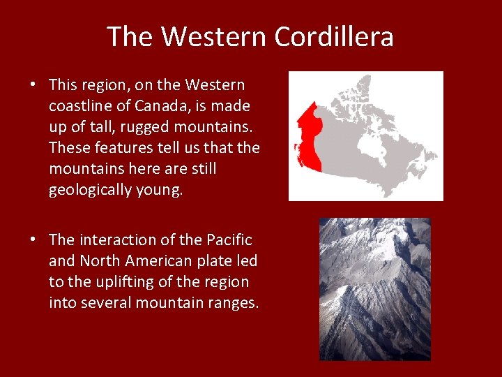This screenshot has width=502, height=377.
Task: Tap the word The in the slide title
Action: tap(130, 37)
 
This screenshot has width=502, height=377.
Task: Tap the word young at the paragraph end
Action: tap(158, 191)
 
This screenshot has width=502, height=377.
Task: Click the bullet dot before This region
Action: tap(33, 85)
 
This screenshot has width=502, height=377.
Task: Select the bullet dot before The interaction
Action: tap(33, 239)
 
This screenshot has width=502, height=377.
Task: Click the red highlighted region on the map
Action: tap(307, 140)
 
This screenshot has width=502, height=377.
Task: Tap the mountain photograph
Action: tap(374, 288)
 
